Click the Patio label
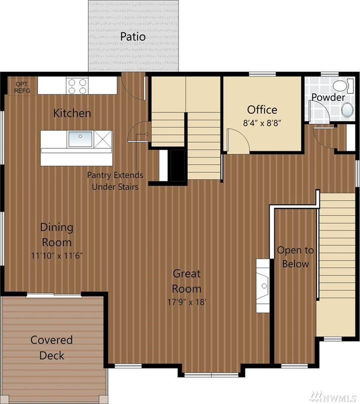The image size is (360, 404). tap(133, 37)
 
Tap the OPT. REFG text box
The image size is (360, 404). tap(22, 87)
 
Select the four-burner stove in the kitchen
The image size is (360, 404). tap(77, 86)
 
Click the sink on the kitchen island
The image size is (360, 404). tap(80, 139)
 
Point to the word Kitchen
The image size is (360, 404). tap(72, 113)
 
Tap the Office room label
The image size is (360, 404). tap(262, 110)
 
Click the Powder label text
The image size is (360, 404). tap(328, 97)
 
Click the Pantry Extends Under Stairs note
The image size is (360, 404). tap(115, 181)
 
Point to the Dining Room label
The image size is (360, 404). tap(56, 235)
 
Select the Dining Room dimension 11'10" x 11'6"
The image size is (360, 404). tap(56, 256)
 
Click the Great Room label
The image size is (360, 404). tap(187, 281)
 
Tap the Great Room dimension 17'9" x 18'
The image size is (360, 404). tap(187, 302)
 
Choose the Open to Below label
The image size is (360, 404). tap(295, 257)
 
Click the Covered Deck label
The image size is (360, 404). tap(52, 348)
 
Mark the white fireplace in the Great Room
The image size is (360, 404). tap(263, 286)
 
